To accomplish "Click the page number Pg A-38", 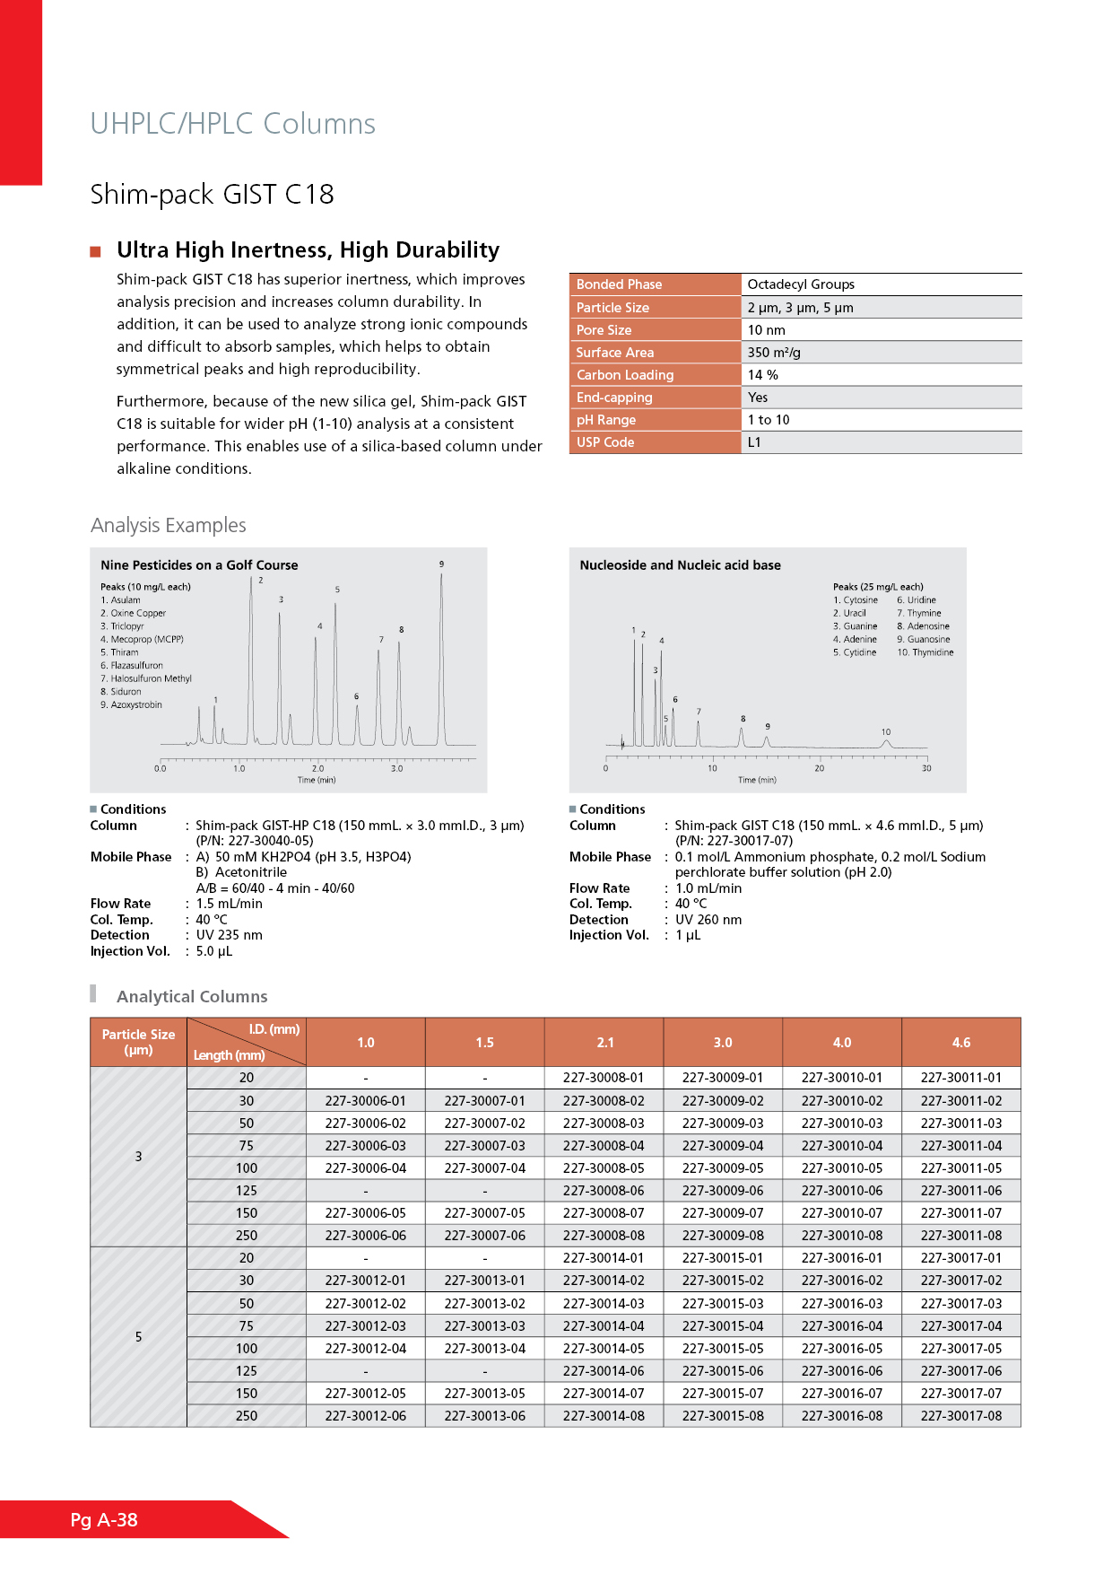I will pyautogui.click(x=104, y=1519).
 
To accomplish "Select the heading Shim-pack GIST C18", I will pyautogui.click(x=212, y=194).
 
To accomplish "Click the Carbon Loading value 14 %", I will pyautogui.click(x=762, y=375).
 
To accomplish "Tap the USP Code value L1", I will pyautogui.click(x=754, y=442).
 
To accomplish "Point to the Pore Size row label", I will pyautogui.click(x=604, y=330).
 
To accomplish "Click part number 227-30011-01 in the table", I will pyautogui.click(x=960, y=1078).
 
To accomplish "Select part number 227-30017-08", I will pyautogui.click(x=960, y=1416).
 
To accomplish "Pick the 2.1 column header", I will pyautogui.click(x=605, y=1043).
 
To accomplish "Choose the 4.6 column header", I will pyautogui.click(x=960, y=1043).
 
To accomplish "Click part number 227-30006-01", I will pyautogui.click(x=365, y=1101).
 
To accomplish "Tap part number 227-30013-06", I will pyautogui.click(x=484, y=1416).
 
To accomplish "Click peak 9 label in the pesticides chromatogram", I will pyautogui.click(x=441, y=564).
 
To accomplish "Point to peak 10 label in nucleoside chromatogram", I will pyautogui.click(x=886, y=732).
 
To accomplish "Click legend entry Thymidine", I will pyautogui.click(x=932, y=652).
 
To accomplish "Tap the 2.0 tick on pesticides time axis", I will pyautogui.click(x=318, y=769).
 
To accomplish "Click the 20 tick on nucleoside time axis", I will pyautogui.click(x=819, y=769).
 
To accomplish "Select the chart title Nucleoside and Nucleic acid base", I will pyautogui.click(x=680, y=565).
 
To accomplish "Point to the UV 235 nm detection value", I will pyautogui.click(x=229, y=935).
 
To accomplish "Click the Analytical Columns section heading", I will pyautogui.click(x=192, y=997).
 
